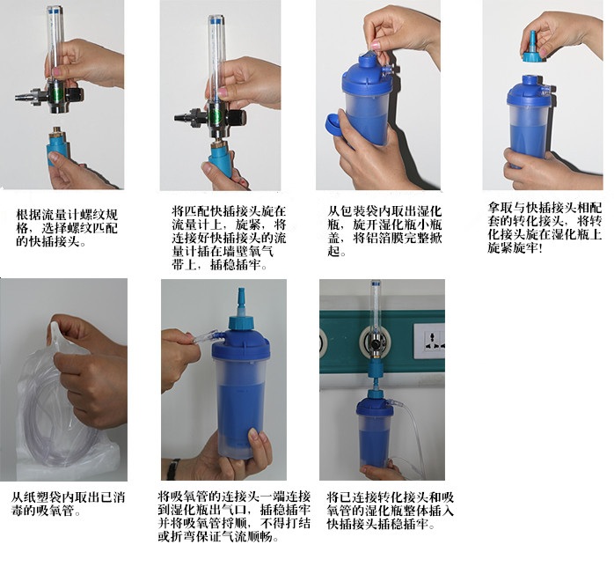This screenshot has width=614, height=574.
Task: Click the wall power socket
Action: click(428, 341)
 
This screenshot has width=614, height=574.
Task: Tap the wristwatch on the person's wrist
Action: click(173, 469)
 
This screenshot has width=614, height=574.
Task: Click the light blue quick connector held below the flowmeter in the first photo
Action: click(59, 146)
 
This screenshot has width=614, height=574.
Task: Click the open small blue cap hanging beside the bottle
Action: click(335, 126)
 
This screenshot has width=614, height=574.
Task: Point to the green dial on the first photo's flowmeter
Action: click(57, 94)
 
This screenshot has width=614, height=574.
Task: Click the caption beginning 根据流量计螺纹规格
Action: click(67, 228)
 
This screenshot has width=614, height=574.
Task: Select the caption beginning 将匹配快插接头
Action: click(229, 239)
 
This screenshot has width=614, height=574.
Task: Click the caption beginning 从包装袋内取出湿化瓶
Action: click(385, 232)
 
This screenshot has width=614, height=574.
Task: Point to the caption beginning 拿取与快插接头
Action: click(545, 227)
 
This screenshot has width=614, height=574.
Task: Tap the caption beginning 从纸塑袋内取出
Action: click(68, 504)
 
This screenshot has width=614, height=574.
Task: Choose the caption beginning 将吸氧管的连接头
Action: click(234, 517)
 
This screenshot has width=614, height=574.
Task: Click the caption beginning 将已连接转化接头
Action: click(390, 511)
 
